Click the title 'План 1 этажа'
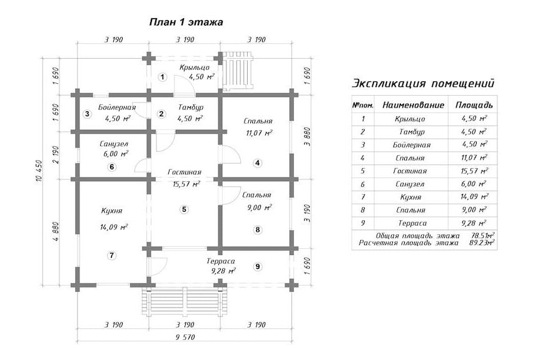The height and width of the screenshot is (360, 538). (x=186, y=22)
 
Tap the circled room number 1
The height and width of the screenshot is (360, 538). (x=162, y=77)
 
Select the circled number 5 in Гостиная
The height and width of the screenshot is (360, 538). (x=185, y=209)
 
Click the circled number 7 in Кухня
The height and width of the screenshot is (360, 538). (x=111, y=255)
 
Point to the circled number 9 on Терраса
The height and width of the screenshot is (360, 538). (x=258, y=266)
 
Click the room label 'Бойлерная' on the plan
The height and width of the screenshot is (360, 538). (x=117, y=107)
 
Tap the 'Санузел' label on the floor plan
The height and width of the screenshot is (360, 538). (x=114, y=144)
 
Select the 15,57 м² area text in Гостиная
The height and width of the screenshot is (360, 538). (x=186, y=184)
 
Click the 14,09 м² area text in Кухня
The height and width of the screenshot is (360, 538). (x=114, y=227)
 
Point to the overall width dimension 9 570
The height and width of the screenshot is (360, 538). (x=185, y=337)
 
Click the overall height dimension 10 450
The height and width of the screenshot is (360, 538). (x=39, y=171)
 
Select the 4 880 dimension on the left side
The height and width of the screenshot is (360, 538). (x=56, y=232)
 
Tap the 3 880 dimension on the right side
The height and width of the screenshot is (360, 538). (x=307, y=137)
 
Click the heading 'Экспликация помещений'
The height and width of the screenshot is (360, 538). (x=424, y=83)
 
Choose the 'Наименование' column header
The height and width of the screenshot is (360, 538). (x=413, y=105)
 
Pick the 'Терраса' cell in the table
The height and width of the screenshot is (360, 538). (x=412, y=223)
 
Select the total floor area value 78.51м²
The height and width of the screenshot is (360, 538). (x=483, y=236)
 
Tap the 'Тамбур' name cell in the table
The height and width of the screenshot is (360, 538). (x=412, y=132)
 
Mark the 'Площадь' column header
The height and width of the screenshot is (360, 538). (x=474, y=105)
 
